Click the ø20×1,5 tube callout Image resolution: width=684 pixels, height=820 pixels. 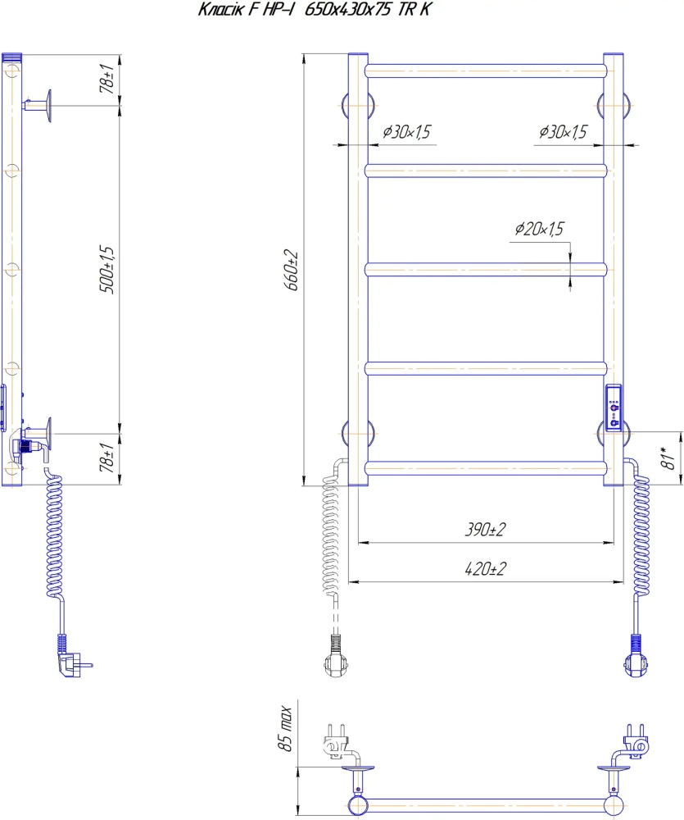pos(540,230)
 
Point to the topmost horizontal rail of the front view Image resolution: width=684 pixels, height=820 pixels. pos(487,71)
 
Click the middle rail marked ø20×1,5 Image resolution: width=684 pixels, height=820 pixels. pos(487,269)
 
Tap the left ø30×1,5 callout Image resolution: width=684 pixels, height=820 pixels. pos(406,132)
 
